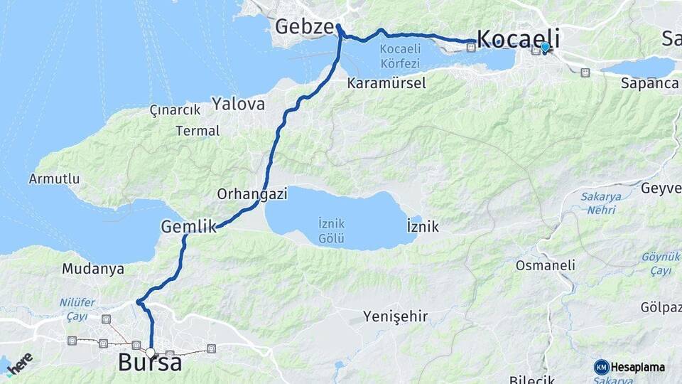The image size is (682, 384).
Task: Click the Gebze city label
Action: tap(304, 28)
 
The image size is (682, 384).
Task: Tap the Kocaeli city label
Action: tap(519, 38)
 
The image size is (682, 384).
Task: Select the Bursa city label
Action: tap(150, 363)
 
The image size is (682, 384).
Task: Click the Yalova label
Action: tap(238, 105)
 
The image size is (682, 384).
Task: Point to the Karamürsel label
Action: tap(386, 83)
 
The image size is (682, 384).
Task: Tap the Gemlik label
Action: tap(188, 227)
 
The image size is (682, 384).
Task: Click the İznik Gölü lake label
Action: tap(332, 229)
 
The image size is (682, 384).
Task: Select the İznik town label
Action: tap(423, 228)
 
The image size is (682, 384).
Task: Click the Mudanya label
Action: tap(93, 269)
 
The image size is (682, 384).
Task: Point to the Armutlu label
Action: tap(54, 179)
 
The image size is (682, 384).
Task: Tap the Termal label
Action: tap(198, 131)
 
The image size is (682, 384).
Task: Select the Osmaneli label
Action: tap(546, 265)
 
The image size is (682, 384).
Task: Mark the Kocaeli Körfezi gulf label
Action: tap(400, 55)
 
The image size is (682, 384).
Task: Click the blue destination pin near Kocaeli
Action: tap(545, 48)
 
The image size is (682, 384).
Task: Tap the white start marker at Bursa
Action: tap(151, 351)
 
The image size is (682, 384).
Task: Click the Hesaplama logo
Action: tap(629, 367)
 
